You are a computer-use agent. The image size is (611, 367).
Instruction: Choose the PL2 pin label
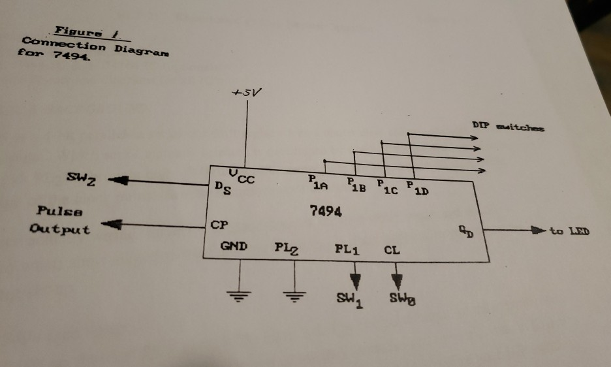click(x=288, y=247)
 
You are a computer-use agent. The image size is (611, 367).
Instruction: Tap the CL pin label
click(x=392, y=249)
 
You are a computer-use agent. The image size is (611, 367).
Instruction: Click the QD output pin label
click(x=463, y=231)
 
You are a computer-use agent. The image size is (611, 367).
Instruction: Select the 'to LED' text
click(x=569, y=231)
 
